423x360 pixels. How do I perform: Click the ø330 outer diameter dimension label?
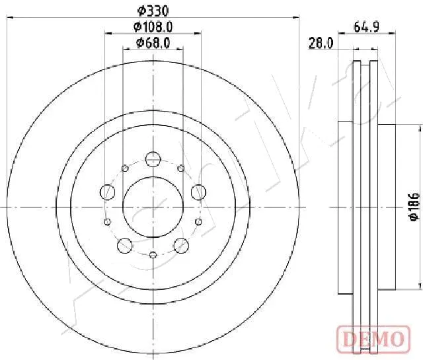(x=153, y=11)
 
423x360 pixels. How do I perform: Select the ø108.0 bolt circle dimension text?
(x=153, y=27)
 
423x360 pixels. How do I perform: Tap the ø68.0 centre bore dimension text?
(x=153, y=43)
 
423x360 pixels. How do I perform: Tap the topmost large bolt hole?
(x=153, y=159)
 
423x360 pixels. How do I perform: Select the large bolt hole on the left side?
(x=107, y=192)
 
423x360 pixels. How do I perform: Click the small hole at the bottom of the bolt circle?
(x=153, y=255)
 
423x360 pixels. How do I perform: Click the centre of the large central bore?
(x=153, y=207)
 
